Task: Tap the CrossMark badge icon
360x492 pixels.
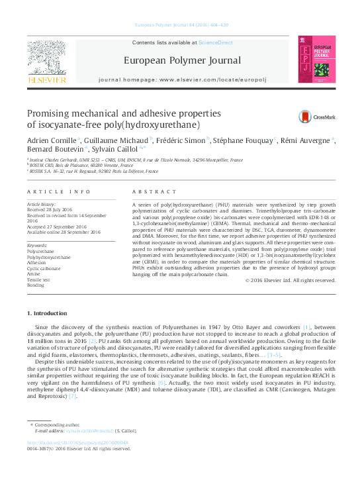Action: pos(307,116)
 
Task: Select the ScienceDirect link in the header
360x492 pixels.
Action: pos(216,42)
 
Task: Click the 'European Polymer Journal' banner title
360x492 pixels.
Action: pos(182,61)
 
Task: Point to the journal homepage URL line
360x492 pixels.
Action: pos(182,79)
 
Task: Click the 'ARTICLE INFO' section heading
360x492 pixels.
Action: pos(59,191)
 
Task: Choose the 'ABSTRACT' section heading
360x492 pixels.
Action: pos(146,191)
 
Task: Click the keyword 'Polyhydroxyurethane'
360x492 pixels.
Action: pos(48,257)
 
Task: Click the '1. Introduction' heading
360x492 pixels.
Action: pos(46,313)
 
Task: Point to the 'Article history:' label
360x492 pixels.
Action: pos(41,205)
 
